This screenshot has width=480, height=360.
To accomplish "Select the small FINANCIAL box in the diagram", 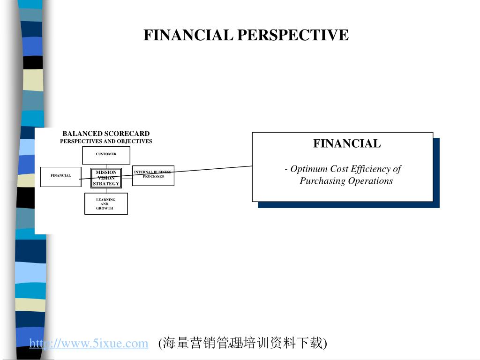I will (61, 176).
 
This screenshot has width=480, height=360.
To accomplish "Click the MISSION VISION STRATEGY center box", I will (106, 178).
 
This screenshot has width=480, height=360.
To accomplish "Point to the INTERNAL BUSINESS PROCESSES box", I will (153, 176).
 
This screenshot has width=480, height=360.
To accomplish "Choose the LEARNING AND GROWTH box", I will (106, 203).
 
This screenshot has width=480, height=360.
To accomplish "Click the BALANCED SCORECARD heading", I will (106, 134).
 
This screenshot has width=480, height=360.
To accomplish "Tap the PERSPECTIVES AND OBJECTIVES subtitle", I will (106, 141).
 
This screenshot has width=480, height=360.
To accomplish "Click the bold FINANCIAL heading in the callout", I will (347, 144).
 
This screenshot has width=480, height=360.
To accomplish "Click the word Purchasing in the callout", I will (321, 181).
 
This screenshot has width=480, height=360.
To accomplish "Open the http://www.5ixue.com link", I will (89, 344).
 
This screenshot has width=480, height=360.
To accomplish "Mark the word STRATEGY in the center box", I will (106, 184).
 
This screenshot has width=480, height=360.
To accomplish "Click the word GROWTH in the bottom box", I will (105, 208).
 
